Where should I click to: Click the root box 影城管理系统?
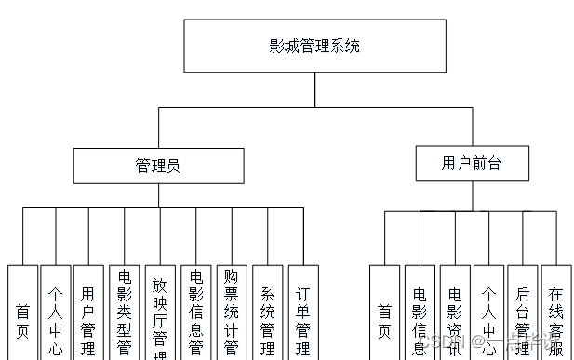pos(314,46)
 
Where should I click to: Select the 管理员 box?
pos(158,166)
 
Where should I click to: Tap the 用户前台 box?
pos(472,163)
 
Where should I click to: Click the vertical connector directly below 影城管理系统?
pos(314,90)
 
